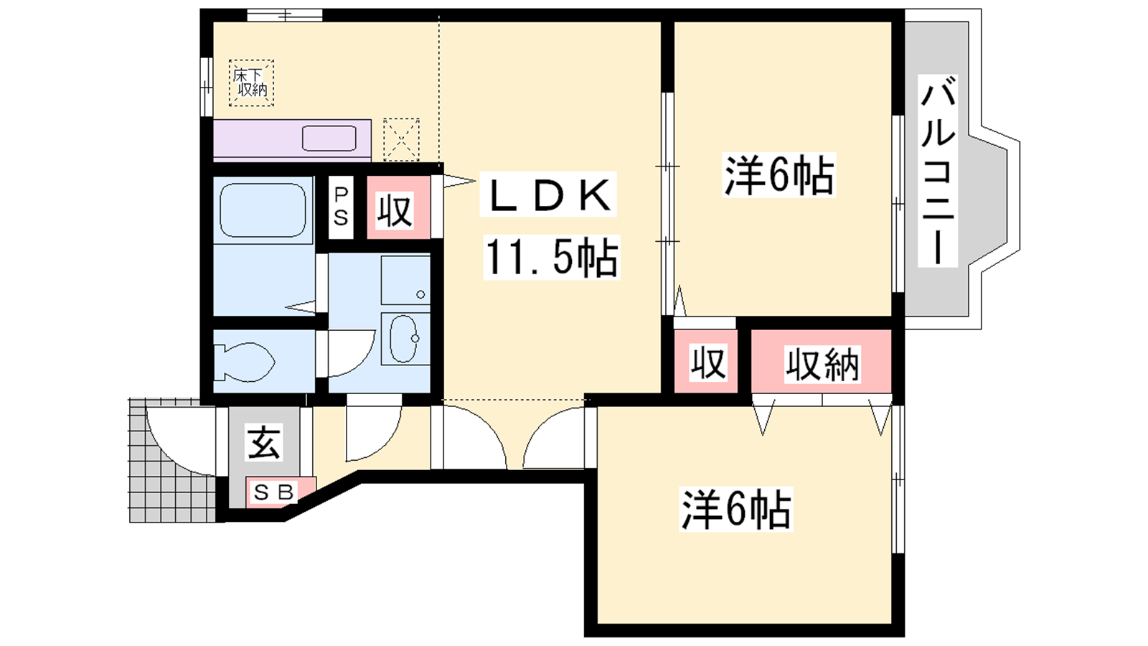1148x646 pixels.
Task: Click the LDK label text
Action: pos(548,195)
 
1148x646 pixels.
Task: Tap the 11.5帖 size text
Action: pos(552,258)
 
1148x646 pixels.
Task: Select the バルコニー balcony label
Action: pos(937,170)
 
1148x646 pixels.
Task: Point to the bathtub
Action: pos(263,210)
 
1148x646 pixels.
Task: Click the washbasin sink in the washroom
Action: pos(405,338)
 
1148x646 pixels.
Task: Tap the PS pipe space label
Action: pos(341,207)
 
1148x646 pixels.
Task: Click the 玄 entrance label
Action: pos(264,442)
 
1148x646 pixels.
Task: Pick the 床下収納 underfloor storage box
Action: pos(251,83)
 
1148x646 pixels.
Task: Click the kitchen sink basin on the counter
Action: pos(329,139)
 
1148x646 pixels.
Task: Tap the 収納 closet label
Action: pos(822,365)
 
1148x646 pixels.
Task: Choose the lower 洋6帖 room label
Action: pos(736,509)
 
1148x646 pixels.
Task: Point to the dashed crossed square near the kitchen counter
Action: pos(401,139)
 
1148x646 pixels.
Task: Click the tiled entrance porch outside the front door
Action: pos(172,460)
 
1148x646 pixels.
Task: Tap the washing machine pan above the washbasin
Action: pos(405,281)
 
